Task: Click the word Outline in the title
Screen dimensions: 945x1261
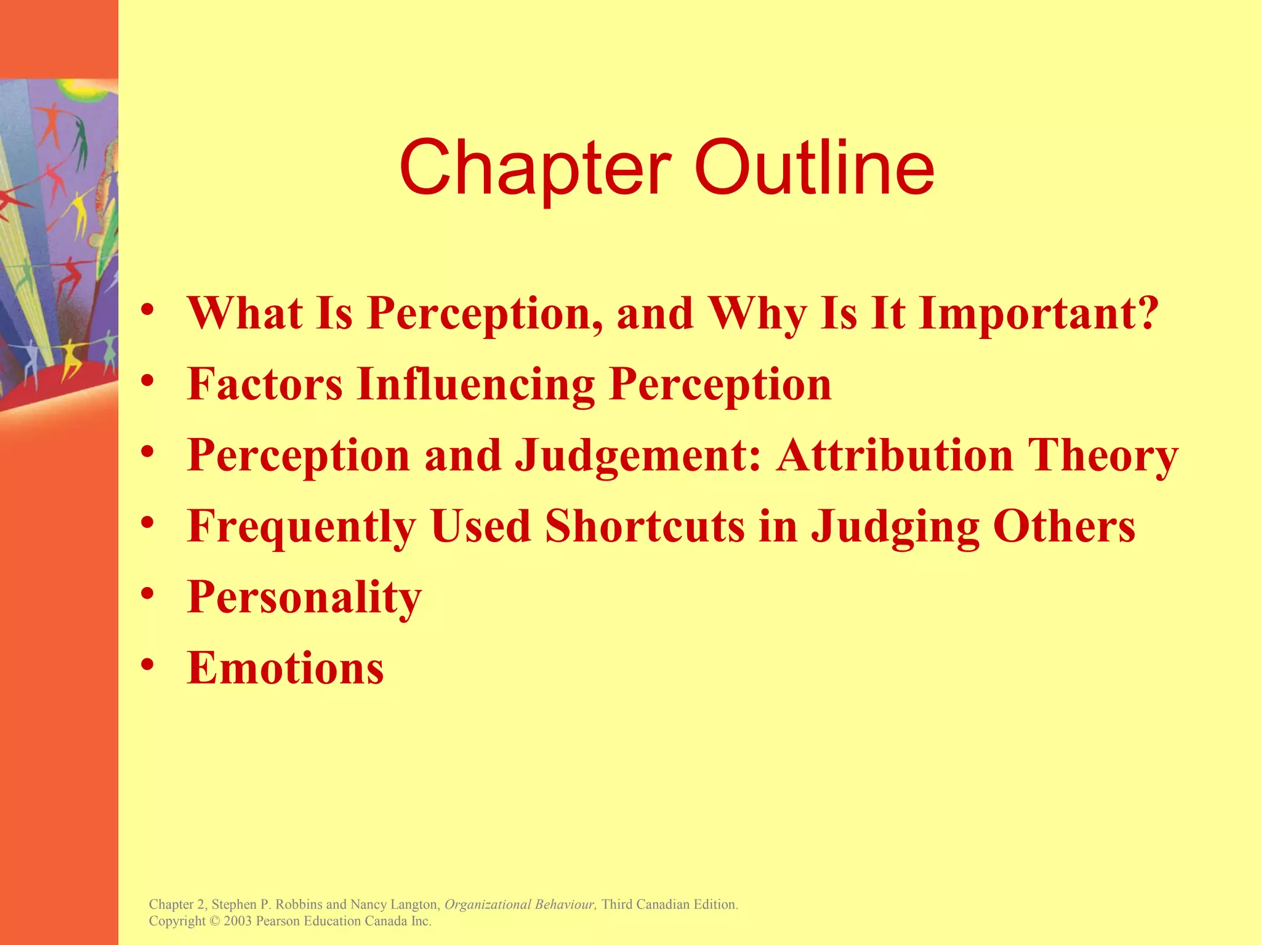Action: pos(814,167)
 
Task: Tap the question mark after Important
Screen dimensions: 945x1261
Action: pos(1147,313)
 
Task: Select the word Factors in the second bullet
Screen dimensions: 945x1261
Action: pos(265,384)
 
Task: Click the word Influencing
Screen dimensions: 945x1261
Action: pos(476,384)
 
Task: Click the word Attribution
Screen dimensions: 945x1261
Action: pos(895,455)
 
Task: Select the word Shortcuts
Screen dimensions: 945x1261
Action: pos(645,527)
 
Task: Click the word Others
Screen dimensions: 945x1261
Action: pos(1064,527)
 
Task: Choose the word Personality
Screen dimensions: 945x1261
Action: pos(304,597)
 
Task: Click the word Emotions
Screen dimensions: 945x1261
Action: pos(285,668)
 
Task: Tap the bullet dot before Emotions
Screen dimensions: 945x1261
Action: pos(147,666)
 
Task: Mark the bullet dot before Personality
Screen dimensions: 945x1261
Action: pos(147,594)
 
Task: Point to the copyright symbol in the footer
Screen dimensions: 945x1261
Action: pos(214,922)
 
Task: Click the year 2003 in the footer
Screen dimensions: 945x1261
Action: pos(238,922)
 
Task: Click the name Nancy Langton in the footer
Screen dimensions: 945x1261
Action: pos(394,904)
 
